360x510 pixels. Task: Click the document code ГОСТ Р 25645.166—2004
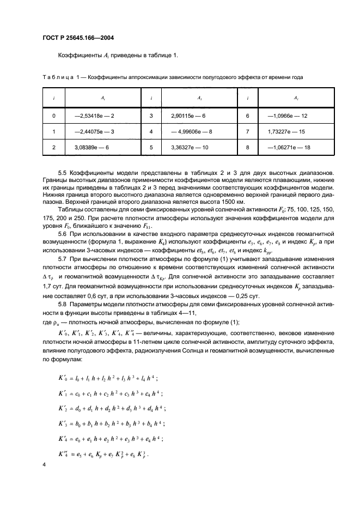(82, 38)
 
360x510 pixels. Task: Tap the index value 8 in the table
(248, 147)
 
